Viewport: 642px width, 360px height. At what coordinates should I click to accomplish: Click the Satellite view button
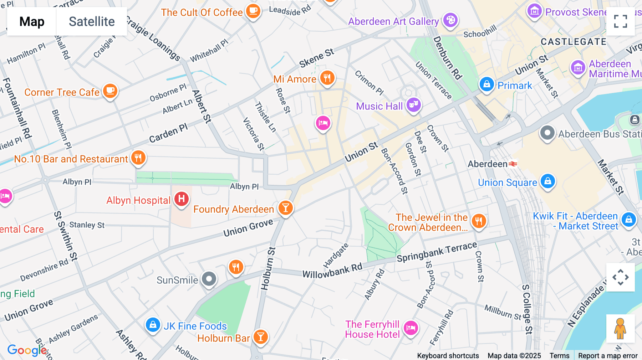tap(92, 21)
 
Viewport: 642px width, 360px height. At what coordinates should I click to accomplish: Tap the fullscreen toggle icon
tap(620, 21)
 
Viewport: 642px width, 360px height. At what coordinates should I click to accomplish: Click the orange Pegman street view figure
tap(620, 328)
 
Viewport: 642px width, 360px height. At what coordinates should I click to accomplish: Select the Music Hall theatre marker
tap(413, 105)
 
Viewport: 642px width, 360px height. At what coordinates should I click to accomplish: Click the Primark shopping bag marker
tap(486, 85)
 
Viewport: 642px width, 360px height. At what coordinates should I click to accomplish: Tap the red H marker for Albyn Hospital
tap(181, 199)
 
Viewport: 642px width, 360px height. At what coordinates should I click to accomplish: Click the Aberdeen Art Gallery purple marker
tap(450, 20)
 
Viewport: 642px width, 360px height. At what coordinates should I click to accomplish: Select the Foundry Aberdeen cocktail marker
tap(285, 208)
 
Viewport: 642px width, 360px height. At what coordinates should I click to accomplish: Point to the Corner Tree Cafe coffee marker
tap(110, 91)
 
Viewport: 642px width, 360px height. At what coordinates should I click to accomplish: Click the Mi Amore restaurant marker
tap(327, 78)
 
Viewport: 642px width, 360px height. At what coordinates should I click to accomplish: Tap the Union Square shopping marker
tap(548, 181)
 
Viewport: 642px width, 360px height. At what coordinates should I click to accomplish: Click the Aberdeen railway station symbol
tap(513, 164)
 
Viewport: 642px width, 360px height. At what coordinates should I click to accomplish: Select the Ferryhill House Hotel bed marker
tap(411, 328)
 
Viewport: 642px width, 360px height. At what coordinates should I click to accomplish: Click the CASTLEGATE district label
tap(573, 42)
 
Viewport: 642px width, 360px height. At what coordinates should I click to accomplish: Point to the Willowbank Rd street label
tap(332, 271)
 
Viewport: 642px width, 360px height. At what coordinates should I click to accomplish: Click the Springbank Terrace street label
tap(437, 252)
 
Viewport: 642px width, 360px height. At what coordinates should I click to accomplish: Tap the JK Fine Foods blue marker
tap(153, 325)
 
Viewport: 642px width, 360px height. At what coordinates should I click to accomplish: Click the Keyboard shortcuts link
tap(448, 355)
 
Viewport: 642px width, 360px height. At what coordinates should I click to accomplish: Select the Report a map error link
tap(608, 355)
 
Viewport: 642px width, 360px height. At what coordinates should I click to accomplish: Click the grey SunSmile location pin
tap(209, 279)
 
